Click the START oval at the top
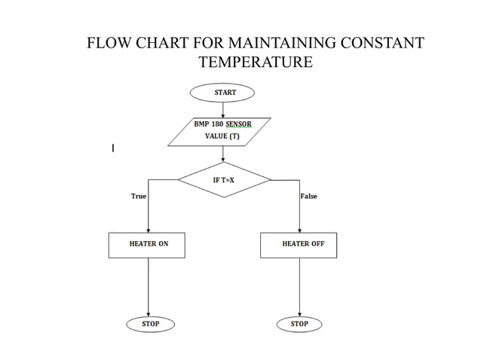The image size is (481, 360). pyautogui.click(x=223, y=93)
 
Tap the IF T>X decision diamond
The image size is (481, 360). pyautogui.click(x=224, y=181)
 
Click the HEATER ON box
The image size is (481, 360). pyautogui.click(x=148, y=245)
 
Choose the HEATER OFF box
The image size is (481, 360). pyautogui.click(x=299, y=245)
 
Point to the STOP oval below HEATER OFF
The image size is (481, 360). pyautogui.click(x=299, y=324)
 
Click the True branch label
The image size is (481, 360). pyautogui.click(x=139, y=197)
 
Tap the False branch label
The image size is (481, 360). pyautogui.click(x=308, y=197)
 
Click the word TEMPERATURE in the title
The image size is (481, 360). pyautogui.click(x=255, y=62)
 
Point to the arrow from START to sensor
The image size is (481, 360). pyautogui.click(x=223, y=109)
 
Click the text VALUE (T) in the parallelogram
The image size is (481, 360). pyautogui.click(x=222, y=137)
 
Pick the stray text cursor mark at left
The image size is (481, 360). pyautogui.click(x=113, y=148)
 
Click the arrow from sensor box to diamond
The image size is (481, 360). pyautogui.click(x=223, y=154)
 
